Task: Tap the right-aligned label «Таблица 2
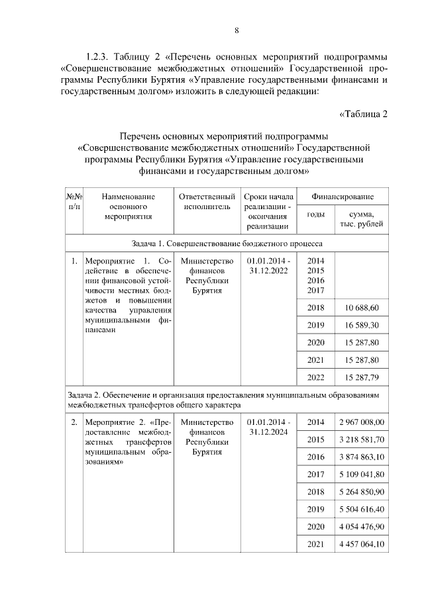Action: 363,113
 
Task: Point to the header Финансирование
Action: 343,197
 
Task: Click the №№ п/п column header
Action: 74,201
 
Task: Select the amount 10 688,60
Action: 362,308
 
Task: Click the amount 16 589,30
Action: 362,326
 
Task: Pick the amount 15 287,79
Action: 362,377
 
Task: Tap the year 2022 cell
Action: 316,377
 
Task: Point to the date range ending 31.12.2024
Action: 268,427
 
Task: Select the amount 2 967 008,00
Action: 362,422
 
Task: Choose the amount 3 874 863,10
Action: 362,457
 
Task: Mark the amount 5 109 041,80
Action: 362,474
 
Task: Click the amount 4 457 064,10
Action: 362,544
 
